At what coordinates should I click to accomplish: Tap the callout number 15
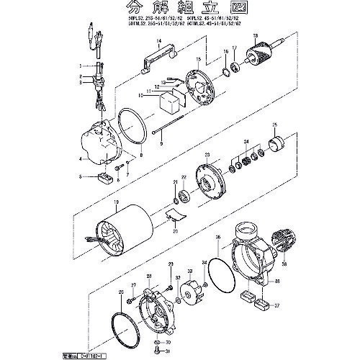(x=199, y=57)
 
